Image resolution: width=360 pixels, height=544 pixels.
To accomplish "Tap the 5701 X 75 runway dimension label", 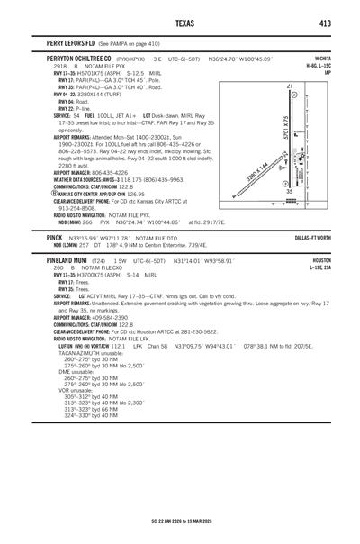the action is (285, 125).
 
